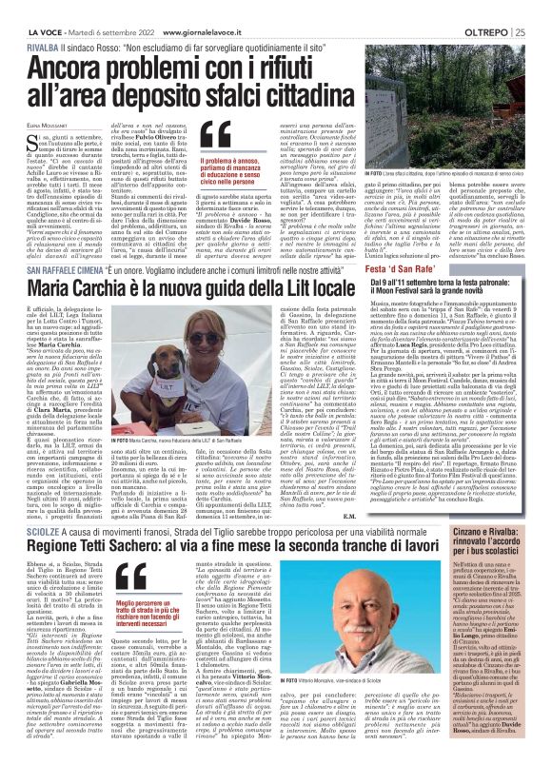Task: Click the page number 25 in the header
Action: coord(539,9)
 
